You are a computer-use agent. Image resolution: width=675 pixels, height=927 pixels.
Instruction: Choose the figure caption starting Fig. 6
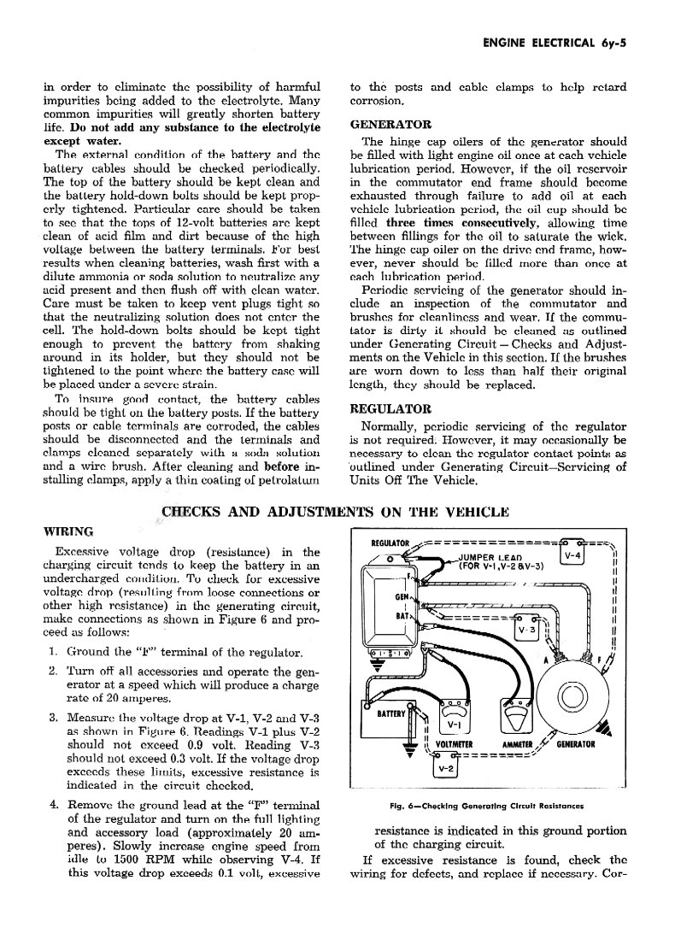click(486, 805)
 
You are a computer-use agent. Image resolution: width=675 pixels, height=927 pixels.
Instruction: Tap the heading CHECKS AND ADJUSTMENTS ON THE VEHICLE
click(336, 513)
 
